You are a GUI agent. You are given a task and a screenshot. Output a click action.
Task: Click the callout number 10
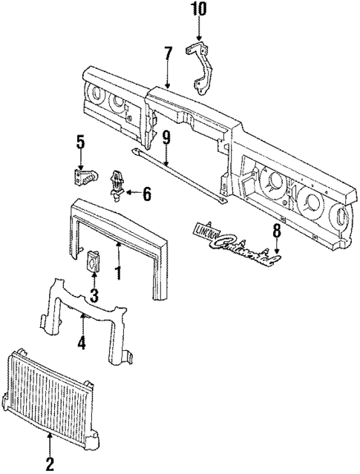pyautogui.click(x=198, y=10)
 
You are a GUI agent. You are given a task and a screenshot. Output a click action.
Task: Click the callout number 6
pyautogui.click(x=145, y=194)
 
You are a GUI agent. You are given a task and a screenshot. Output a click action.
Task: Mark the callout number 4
pyautogui.click(x=82, y=343)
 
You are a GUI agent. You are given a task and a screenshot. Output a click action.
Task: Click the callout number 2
pyautogui.click(x=50, y=464)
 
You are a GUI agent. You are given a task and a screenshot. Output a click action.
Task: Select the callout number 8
pyautogui.click(x=276, y=231)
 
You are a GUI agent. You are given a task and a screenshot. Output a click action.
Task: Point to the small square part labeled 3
pyautogui.click(x=94, y=260)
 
